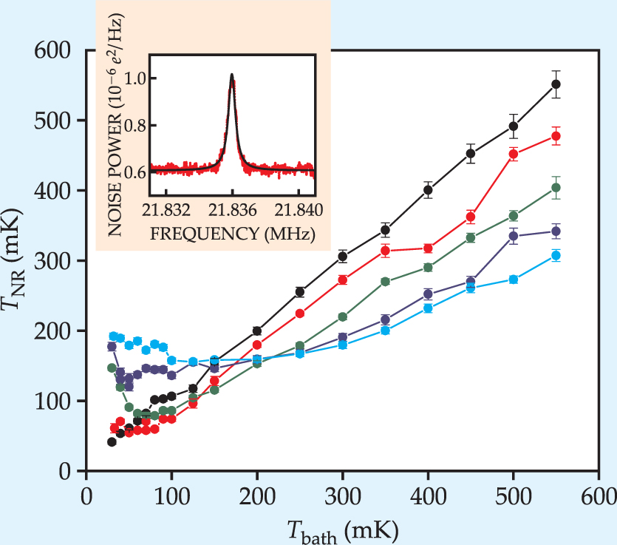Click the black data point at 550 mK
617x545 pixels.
(556, 84)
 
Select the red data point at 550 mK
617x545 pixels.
(556, 136)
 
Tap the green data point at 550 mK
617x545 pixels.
(556, 188)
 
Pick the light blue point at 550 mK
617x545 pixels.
(556, 255)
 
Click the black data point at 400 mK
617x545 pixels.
(428, 189)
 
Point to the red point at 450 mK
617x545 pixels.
(471, 217)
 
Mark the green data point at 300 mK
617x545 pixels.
(343, 316)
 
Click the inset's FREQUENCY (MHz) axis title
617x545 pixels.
(232, 234)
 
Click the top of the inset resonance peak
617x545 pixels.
(232, 75)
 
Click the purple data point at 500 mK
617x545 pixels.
(514, 236)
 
